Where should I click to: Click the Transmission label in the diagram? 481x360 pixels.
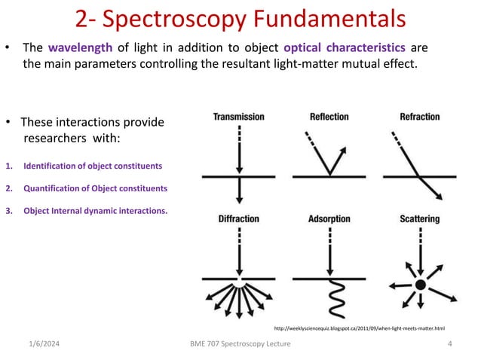238,117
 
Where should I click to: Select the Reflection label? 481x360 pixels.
329,117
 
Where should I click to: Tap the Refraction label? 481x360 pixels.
420,117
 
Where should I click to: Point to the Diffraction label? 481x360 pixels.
238,219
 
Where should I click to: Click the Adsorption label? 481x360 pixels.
329,219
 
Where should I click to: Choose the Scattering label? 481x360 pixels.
420,219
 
